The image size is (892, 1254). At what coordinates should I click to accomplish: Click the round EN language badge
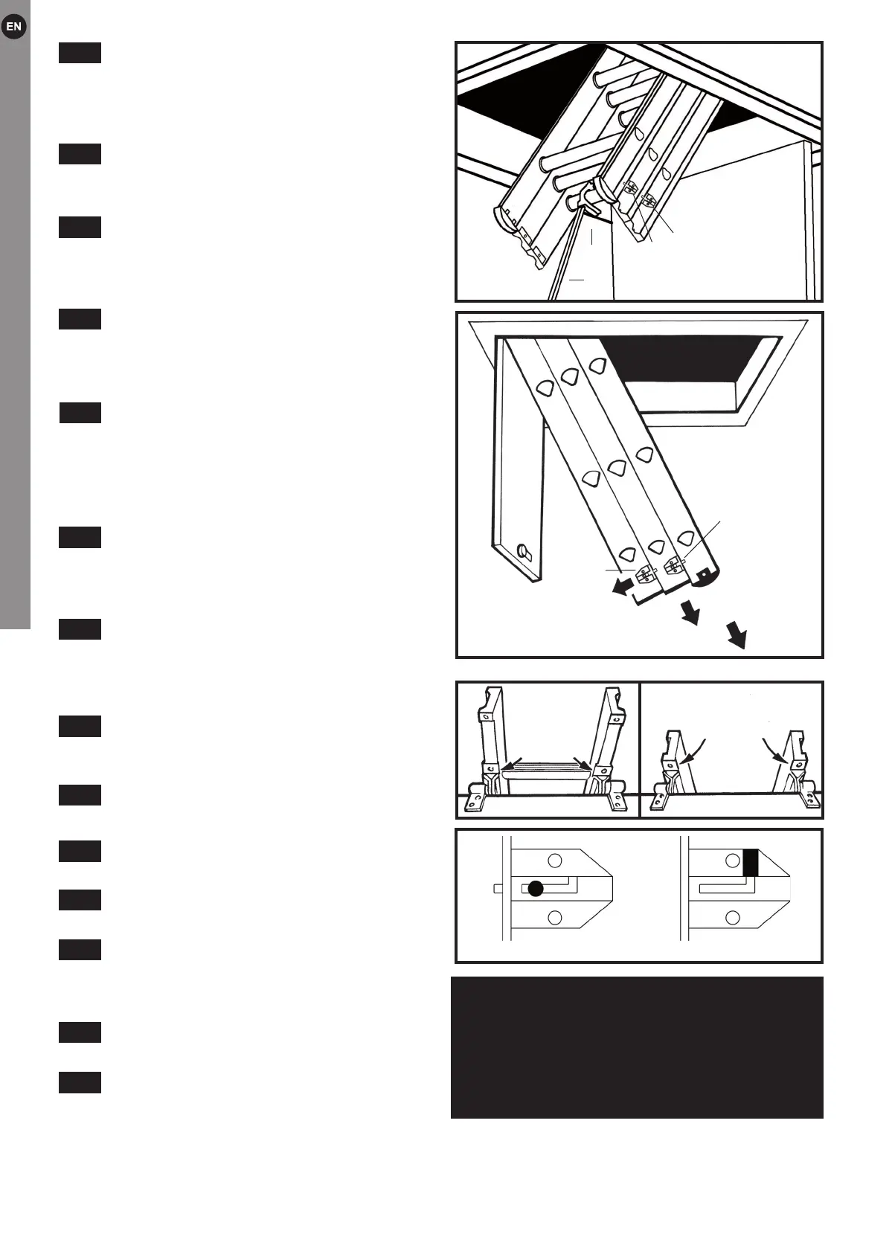14,28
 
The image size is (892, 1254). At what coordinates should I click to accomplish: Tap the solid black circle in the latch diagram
536,888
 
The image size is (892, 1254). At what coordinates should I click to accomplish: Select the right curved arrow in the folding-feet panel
777,750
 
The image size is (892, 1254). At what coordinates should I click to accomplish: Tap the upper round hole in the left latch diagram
554,861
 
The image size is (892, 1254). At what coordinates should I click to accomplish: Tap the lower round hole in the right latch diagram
733,917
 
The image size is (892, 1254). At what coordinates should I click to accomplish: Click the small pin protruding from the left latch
498,888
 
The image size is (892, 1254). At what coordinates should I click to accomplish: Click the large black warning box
637,1047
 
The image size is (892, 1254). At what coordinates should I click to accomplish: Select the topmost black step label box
80,53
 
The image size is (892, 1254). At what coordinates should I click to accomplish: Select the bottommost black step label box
80,1082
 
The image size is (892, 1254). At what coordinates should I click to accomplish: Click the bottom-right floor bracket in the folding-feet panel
810,800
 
